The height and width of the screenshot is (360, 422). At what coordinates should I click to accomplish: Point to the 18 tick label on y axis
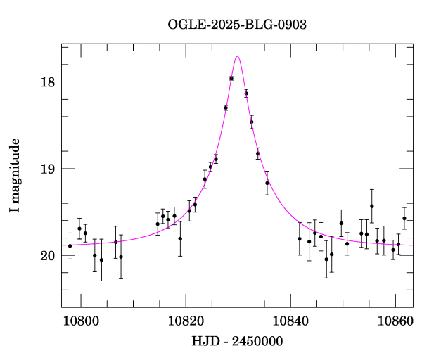coord(47,82)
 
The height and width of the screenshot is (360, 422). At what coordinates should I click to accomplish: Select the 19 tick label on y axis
coord(47,169)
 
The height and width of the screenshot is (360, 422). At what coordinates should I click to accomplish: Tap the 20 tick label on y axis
coord(47,255)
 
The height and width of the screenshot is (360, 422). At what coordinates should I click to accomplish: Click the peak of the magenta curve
coord(238,56)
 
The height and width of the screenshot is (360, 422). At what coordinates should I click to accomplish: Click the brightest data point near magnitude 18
coord(231,78)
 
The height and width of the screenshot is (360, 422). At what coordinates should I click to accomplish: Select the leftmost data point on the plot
coord(70,246)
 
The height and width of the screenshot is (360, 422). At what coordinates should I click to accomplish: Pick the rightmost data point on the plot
coord(404,218)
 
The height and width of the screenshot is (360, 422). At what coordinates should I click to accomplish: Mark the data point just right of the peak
coord(246,94)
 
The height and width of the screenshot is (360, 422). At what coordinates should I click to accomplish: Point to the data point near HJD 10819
coord(180,238)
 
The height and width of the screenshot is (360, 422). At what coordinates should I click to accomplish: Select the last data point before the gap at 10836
coord(267,183)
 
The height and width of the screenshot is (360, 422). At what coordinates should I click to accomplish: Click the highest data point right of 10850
coord(372,206)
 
